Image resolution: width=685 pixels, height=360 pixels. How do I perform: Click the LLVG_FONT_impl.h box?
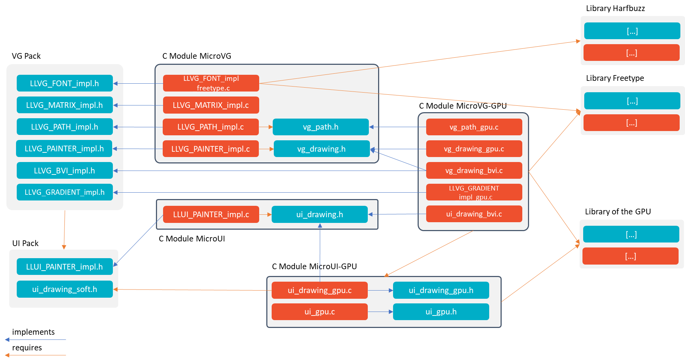(64, 83)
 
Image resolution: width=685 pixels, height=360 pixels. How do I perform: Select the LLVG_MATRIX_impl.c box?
(211, 105)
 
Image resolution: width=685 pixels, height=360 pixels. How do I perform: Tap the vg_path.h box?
(320, 127)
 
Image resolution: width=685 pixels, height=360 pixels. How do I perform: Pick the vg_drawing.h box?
(321, 149)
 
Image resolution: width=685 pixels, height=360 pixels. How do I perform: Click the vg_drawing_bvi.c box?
(474, 171)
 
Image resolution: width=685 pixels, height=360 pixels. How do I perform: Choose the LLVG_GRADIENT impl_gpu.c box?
(474, 192)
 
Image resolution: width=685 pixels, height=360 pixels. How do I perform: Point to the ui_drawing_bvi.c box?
(474, 214)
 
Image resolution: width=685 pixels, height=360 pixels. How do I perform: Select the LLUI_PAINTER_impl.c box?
(211, 214)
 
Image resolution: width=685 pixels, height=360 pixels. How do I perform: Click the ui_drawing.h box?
(319, 214)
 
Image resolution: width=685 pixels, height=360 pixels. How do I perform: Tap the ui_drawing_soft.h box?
(64, 289)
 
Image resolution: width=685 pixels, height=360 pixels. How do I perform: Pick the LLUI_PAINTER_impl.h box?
(64, 267)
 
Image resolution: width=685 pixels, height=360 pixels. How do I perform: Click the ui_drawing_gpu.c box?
(319, 290)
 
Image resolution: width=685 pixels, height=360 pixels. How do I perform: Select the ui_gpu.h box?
(441, 312)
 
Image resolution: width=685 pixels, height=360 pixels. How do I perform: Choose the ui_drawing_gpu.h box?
(441, 290)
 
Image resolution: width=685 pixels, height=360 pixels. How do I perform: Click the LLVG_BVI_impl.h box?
(64, 171)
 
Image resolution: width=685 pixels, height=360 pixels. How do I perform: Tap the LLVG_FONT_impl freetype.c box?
(211, 83)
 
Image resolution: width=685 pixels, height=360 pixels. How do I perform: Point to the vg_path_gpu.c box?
(474, 127)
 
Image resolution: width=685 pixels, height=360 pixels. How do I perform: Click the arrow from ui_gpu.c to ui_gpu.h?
(380, 312)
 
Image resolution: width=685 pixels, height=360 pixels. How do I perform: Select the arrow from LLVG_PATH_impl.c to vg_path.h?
(266, 127)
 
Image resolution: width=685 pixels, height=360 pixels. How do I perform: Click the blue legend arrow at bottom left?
(36, 340)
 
